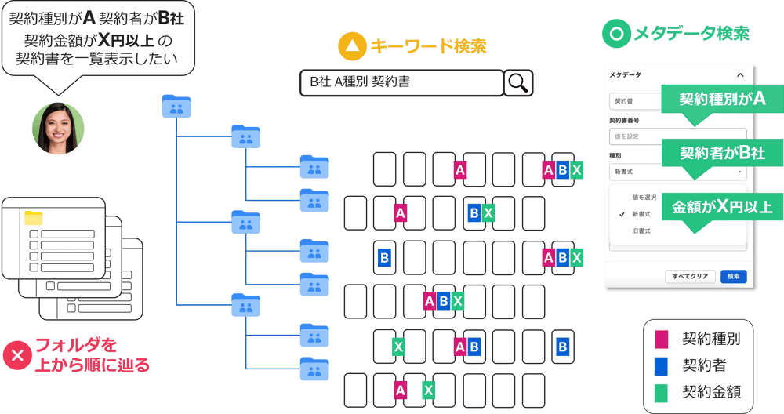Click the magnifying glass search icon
pos(518,82)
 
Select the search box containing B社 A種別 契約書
pos(401,82)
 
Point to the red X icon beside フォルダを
pos(16,355)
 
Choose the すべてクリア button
pos(690,277)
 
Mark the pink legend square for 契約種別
pos(662,340)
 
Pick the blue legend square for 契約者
pos(662,365)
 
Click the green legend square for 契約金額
pos(662,391)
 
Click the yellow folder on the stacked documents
pos(34,218)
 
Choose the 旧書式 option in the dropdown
pos(641,231)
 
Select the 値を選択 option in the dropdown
pos(644,197)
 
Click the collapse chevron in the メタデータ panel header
pos(740,74)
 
